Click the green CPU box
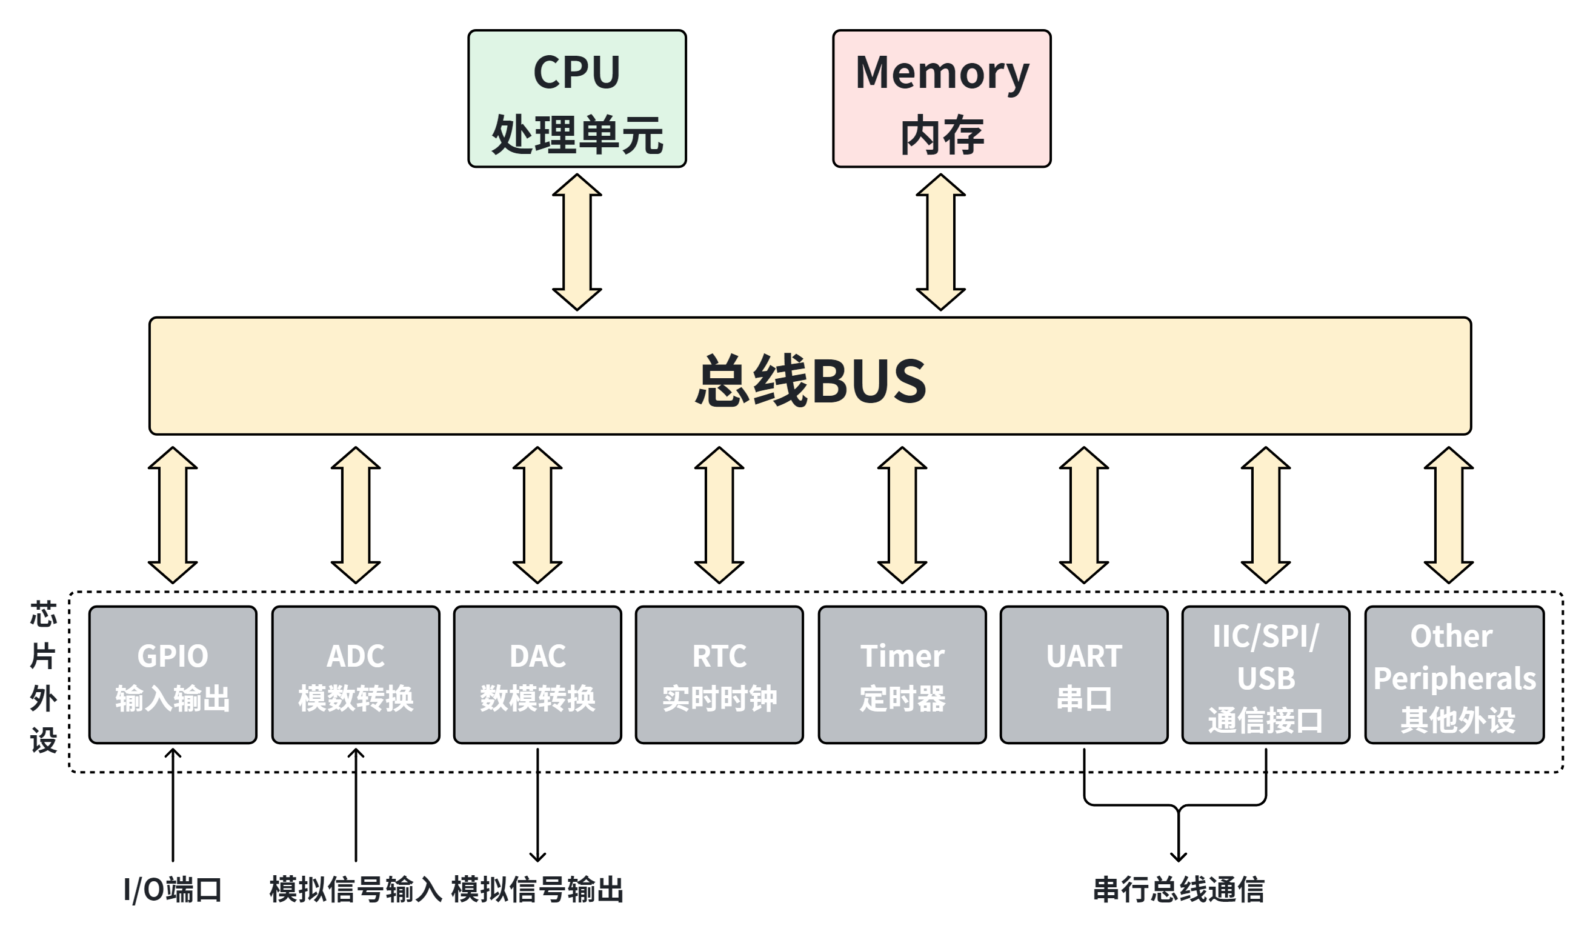pos(576,99)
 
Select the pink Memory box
pos(941,99)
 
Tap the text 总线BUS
pos(810,379)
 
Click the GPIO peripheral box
pos(173,675)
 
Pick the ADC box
pos(355,675)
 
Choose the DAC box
pos(537,675)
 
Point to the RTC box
pos(719,675)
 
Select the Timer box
pos(902,675)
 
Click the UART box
pos(1083,675)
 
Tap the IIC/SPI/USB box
pos(1266,675)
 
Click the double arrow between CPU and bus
pos(576,242)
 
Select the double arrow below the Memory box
pos(940,242)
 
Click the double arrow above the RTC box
pos(719,515)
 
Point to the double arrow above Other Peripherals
pos(1449,515)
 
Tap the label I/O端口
pos(173,890)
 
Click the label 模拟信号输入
pos(356,890)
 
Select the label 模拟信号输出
pos(537,890)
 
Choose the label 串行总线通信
pos(1179,890)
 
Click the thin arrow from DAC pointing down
pos(537,805)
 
